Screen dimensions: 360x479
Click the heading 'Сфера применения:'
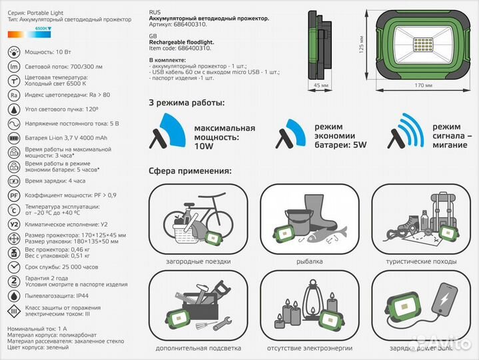[x=190, y=171]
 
